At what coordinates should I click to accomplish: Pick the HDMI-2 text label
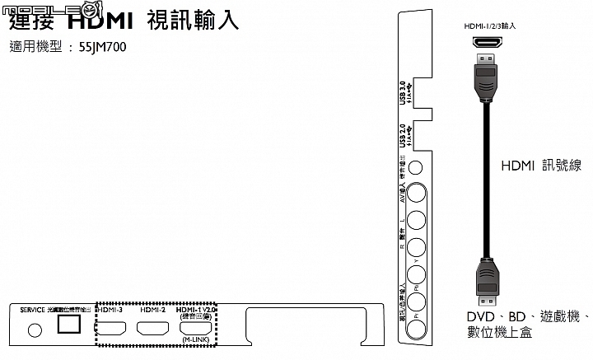click(153, 310)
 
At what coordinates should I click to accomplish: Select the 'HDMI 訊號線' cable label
click(541, 166)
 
